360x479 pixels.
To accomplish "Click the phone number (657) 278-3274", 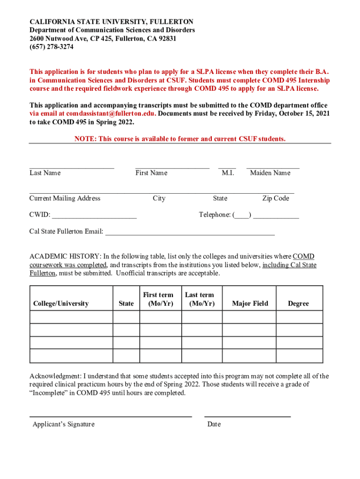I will [x=51, y=47].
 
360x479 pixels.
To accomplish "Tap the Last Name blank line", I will [x=72, y=167].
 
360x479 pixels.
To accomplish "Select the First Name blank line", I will [x=172, y=167].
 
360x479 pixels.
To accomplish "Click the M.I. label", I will [x=228, y=173].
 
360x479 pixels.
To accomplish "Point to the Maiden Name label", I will [x=270, y=173].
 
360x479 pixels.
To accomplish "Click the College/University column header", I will [x=61, y=304].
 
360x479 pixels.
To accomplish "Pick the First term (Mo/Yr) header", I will [x=158, y=299].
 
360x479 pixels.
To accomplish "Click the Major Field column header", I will [x=250, y=304].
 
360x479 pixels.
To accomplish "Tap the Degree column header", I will [x=298, y=304].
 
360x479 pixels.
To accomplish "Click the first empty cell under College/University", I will [x=71, y=317].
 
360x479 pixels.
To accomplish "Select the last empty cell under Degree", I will [x=299, y=356].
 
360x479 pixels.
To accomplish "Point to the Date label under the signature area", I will [x=214, y=424].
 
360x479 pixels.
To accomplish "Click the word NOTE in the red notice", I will [x=85, y=139].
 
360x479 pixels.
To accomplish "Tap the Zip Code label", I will [x=275, y=198].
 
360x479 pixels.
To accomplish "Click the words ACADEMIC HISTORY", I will [x=65, y=256].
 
